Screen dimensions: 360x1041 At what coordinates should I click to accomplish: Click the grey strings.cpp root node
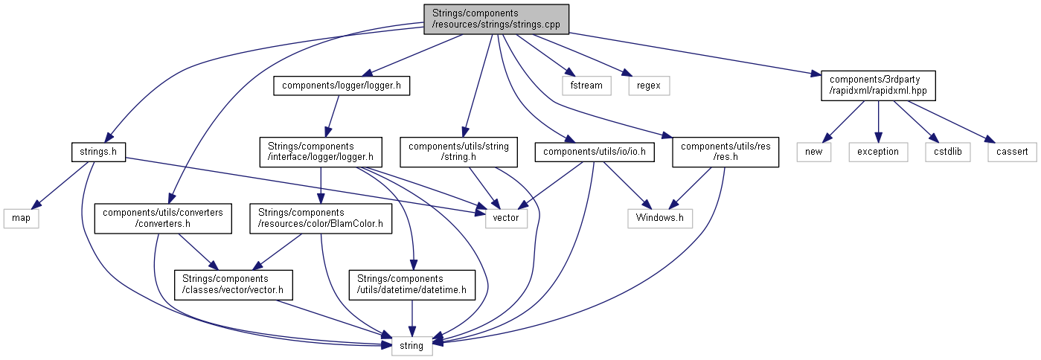(x=496, y=19)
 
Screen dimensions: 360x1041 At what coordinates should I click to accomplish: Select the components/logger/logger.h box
(x=342, y=86)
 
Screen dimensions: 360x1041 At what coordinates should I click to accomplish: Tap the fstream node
(x=586, y=86)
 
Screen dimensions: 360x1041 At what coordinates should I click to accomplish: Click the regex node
(x=649, y=86)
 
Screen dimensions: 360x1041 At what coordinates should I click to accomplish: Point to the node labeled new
(x=813, y=152)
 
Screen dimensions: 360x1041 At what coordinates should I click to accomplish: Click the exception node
(x=878, y=152)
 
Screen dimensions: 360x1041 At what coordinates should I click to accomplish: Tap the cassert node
(x=1012, y=152)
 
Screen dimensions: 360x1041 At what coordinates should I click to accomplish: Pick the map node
(x=21, y=219)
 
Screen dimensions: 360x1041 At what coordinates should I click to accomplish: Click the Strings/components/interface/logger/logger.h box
(x=320, y=152)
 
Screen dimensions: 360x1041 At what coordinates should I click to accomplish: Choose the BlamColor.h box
(x=320, y=219)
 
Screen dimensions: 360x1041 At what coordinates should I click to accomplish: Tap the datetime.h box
(x=411, y=285)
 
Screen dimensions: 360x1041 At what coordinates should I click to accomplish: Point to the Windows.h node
(x=660, y=219)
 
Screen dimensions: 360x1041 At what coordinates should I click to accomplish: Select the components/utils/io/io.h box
(x=599, y=152)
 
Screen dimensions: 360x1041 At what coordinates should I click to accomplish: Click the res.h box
(x=726, y=152)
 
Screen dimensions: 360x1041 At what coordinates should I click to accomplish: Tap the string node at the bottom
(x=411, y=345)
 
